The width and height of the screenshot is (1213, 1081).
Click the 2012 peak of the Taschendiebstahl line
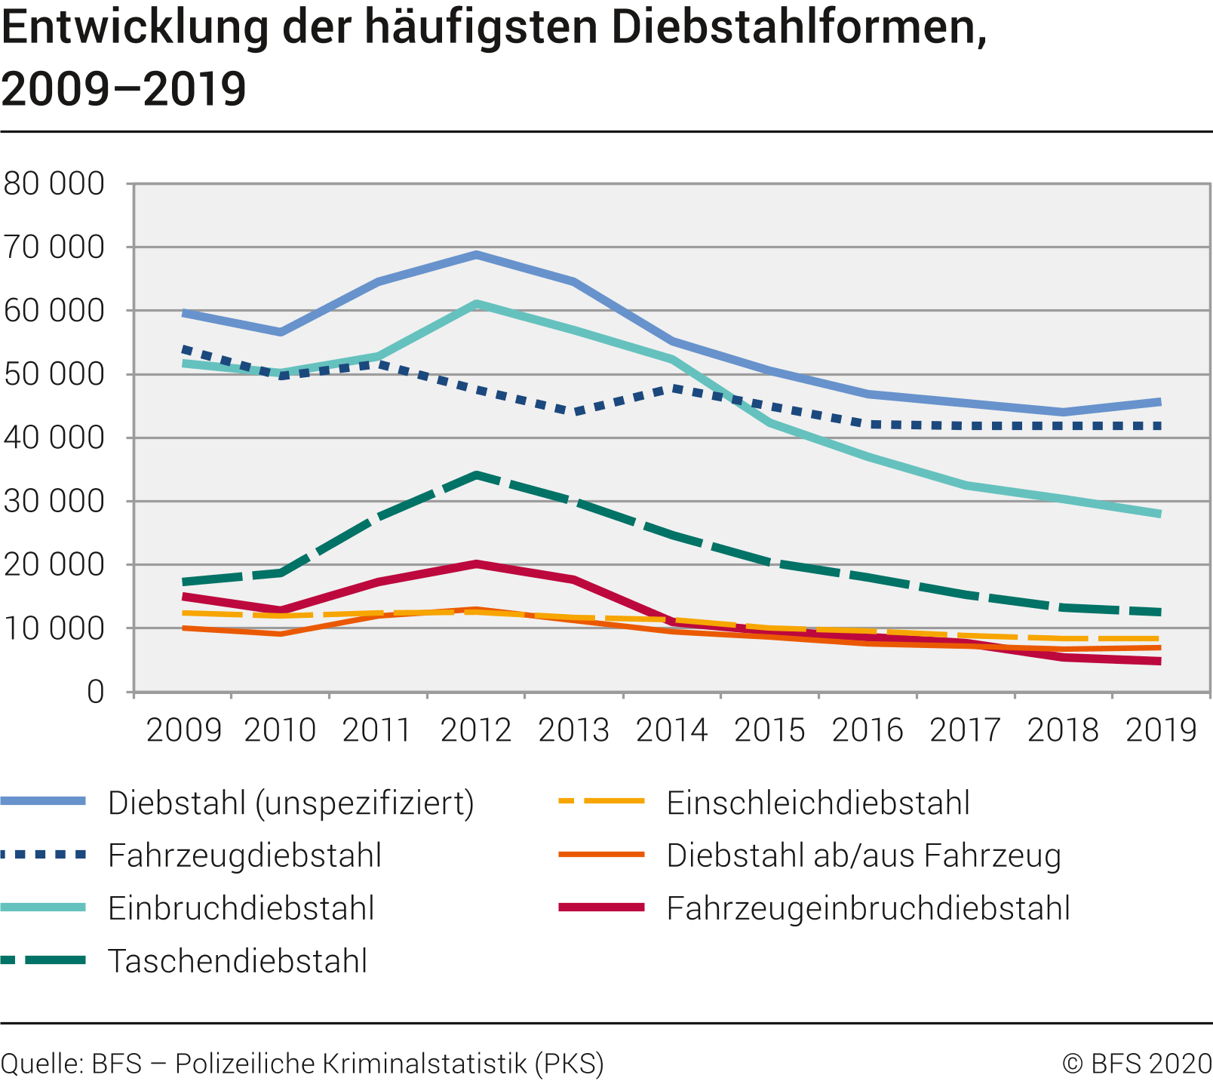coord(477,474)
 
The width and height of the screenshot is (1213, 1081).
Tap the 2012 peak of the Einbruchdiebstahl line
coord(477,303)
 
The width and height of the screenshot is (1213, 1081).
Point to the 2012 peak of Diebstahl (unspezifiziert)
coord(477,254)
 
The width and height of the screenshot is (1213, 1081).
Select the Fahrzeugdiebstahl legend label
coord(244,855)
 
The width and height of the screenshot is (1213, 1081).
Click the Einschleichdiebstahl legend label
coord(818,803)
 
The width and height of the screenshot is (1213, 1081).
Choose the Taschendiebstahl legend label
coord(237,961)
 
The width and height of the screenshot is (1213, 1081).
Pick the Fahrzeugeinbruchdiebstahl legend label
coord(868,908)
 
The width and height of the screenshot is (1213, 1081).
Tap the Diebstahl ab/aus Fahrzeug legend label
coord(864,855)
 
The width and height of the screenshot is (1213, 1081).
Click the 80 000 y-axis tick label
coord(54,183)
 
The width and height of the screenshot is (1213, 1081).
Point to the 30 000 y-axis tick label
coord(54,501)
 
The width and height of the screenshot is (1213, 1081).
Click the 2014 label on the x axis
coord(671,730)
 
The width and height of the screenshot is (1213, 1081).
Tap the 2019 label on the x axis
coord(1161,730)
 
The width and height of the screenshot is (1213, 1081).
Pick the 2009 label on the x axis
coord(183,730)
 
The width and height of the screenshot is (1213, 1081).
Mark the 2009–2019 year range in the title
coord(124,88)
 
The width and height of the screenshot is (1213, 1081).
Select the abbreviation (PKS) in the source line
coord(570,1064)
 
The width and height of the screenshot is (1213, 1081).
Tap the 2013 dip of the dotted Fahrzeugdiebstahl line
coord(575,412)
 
